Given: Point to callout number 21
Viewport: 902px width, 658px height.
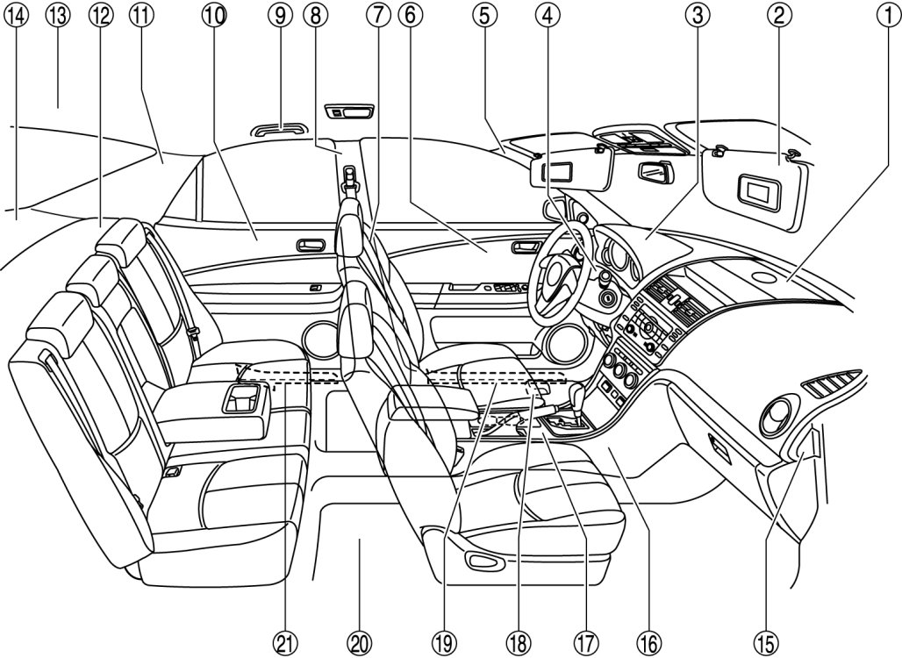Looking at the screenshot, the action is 283,642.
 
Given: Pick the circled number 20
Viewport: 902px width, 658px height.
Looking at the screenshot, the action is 359,642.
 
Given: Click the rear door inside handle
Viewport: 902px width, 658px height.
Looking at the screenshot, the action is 310,245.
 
